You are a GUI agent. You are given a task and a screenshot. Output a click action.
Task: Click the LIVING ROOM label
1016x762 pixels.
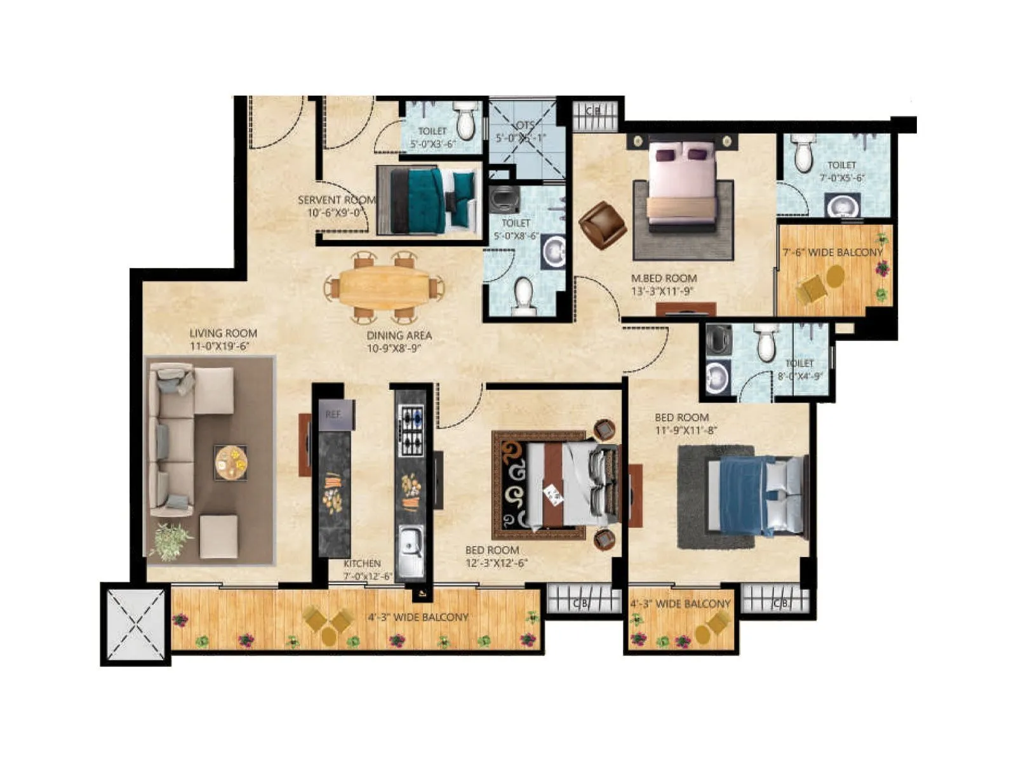(x=223, y=333)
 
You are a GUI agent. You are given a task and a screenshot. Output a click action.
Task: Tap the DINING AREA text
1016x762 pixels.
(x=399, y=335)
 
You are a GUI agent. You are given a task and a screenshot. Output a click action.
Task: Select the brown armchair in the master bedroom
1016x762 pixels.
(x=601, y=225)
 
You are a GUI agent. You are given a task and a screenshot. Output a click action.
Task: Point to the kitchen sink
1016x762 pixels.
(x=410, y=545)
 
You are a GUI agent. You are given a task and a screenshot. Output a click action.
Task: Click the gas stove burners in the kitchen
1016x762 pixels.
(x=411, y=431)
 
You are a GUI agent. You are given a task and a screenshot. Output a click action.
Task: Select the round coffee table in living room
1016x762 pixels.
(x=231, y=462)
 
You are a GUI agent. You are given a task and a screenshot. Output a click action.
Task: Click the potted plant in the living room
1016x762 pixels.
(x=170, y=541)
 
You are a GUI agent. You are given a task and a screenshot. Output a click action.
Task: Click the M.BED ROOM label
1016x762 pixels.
(x=664, y=278)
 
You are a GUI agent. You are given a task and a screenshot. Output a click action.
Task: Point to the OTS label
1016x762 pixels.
(x=525, y=125)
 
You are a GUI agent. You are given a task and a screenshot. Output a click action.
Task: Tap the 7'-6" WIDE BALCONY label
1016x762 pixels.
(x=832, y=253)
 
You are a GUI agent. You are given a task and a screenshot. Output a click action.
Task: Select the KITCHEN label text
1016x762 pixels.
(x=362, y=564)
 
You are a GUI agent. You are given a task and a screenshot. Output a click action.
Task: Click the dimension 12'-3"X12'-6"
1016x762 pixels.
(x=497, y=563)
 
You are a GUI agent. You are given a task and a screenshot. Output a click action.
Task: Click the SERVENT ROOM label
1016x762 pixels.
(x=337, y=200)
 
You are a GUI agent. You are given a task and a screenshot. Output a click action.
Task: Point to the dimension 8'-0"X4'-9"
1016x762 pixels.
(x=800, y=375)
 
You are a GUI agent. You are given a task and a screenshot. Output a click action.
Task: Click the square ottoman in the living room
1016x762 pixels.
(x=218, y=537)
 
